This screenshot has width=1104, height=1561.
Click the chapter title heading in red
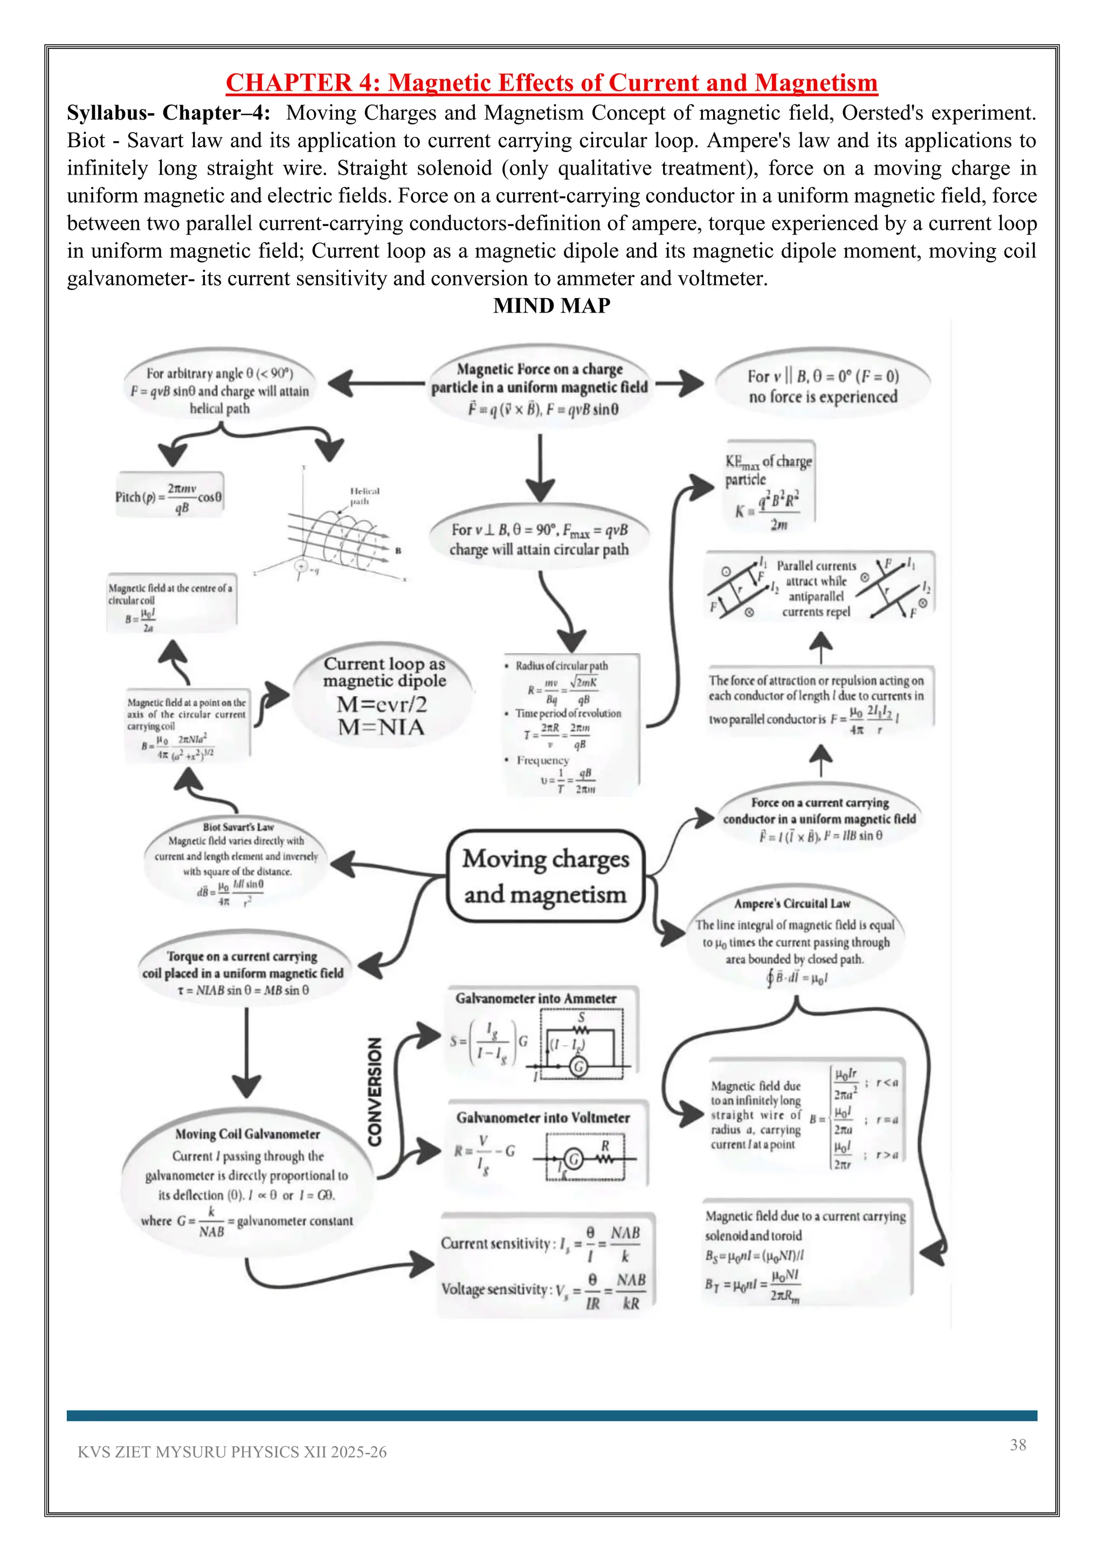coord(551,83)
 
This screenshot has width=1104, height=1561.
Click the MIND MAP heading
coord(551,306)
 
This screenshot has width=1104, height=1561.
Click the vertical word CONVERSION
coord(375,1091)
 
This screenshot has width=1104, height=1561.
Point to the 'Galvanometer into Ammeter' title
coord(536,999)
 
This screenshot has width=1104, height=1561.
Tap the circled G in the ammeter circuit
coord(578,1067)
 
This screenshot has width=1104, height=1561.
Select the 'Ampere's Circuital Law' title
coord(792,903)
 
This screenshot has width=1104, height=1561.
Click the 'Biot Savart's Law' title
coord(238,827)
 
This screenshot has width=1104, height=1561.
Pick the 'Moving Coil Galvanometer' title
coord(247,1134)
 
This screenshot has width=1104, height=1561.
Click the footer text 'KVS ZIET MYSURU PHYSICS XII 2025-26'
coord(232,1452)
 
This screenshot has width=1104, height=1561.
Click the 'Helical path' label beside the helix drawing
coord(364,496)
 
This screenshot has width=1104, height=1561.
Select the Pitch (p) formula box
coord(169,497)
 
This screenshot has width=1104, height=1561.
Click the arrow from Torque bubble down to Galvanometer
coord(246,1051)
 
